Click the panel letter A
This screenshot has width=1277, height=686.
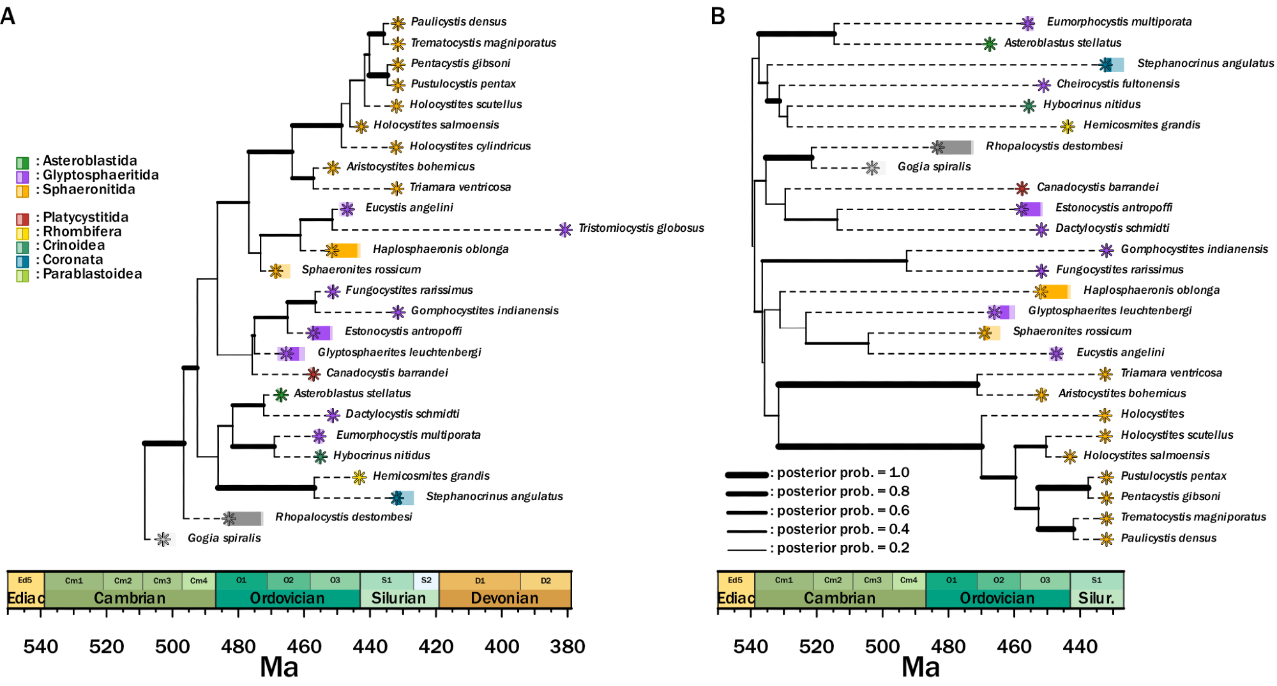(8, 16)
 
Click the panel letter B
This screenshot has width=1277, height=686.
(718, 16)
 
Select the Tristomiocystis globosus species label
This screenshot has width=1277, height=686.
(641, 228)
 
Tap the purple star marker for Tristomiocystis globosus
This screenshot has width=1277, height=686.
(564, 229)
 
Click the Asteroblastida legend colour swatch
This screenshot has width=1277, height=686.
(22, 162)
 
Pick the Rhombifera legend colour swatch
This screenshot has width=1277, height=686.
(22, 233)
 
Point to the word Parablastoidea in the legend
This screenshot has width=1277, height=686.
(92, 274)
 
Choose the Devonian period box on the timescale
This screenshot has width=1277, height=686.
(504, 598)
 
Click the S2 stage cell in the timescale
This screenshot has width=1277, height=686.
(426, 581)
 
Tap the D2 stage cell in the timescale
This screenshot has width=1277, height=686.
(545, 581)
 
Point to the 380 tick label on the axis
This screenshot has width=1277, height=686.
(568, 646)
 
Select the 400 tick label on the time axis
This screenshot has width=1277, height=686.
(502, 646)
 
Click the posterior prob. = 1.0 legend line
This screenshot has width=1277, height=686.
(746, 475)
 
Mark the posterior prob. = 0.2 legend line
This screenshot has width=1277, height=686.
(746, 549)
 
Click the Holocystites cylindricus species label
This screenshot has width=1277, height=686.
(470, 146)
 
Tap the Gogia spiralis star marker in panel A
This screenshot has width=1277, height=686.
(163, 539)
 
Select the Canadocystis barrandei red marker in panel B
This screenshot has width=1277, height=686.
(1022, 188)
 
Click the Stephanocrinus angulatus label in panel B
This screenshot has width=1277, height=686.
(1205, 63)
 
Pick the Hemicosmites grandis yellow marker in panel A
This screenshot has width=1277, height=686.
(359, 476)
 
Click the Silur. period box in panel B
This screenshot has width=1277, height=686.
(1096, 598)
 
